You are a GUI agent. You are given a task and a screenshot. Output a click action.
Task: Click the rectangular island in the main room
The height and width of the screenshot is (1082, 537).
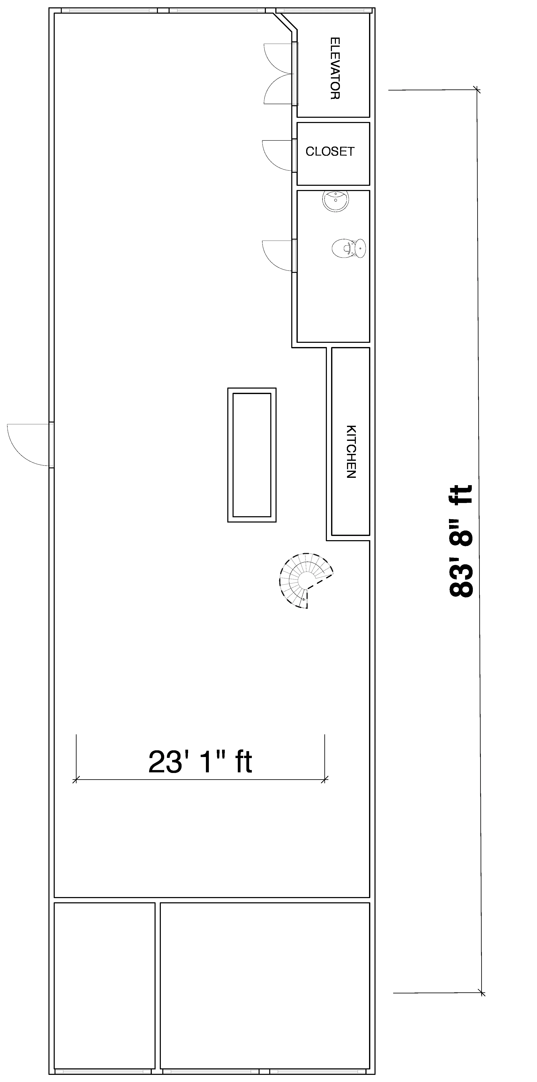252,455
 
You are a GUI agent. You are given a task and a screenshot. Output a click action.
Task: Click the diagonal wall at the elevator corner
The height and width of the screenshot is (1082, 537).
285,21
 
